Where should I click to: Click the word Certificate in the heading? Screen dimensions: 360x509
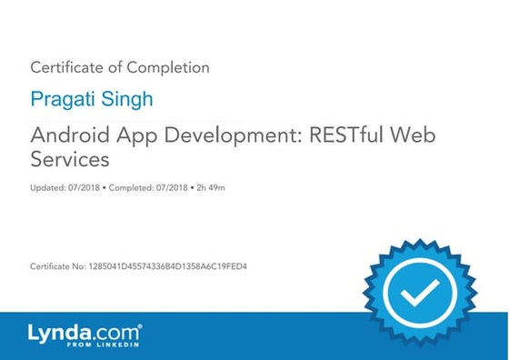65,67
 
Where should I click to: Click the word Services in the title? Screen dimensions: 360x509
70,159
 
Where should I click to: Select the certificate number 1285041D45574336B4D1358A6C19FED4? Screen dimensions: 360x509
168,266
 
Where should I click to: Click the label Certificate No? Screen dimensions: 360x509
58,266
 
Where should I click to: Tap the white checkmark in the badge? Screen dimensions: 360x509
418,293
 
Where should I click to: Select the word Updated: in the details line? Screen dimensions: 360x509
46,188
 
